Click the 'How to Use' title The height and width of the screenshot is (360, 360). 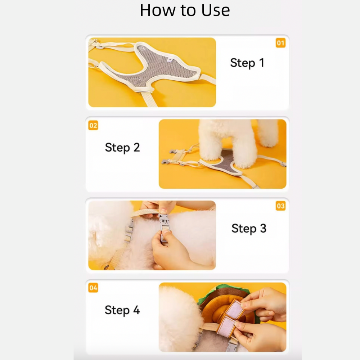point(185,10)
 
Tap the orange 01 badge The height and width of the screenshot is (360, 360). point(280,43)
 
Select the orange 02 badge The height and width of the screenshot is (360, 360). point(93,125)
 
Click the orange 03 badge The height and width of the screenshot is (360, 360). point(280,206)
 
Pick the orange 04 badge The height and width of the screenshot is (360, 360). point(93,288)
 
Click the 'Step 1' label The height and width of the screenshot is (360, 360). point(247,63)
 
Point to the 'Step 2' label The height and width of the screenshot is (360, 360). point(122,147)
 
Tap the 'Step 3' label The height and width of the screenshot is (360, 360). point(249,229)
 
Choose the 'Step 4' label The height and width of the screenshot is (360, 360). point(122,310)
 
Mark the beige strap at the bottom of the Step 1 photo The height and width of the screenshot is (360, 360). point(149,99)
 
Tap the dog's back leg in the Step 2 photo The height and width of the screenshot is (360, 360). point(267,133)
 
